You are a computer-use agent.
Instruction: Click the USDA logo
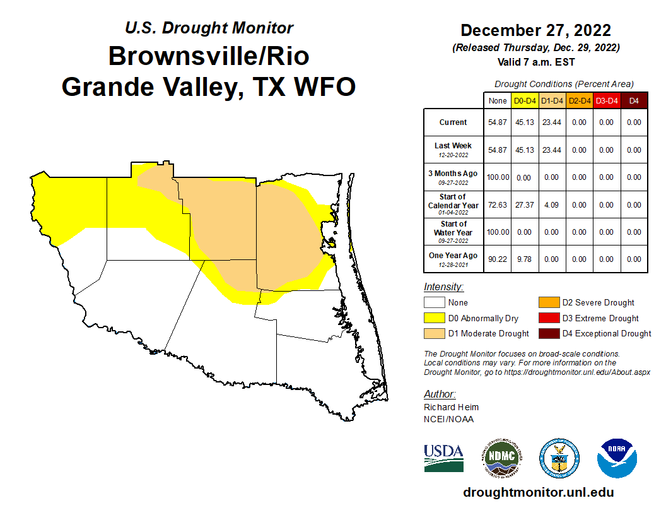(444, 458)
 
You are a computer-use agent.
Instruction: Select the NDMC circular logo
(501, 458)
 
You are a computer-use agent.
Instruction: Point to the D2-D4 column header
(579, 100)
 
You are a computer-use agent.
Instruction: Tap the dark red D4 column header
(634, 100)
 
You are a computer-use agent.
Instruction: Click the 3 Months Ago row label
(453, 177)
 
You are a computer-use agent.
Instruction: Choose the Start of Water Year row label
(453, 232)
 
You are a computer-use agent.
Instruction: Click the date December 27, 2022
(535, 30)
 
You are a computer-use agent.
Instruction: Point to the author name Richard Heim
(451, 407)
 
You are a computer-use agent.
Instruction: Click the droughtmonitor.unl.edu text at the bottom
(538, 492)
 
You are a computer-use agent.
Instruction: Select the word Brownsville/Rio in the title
(209, 56)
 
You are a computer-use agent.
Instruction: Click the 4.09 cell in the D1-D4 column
(551, 205)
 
